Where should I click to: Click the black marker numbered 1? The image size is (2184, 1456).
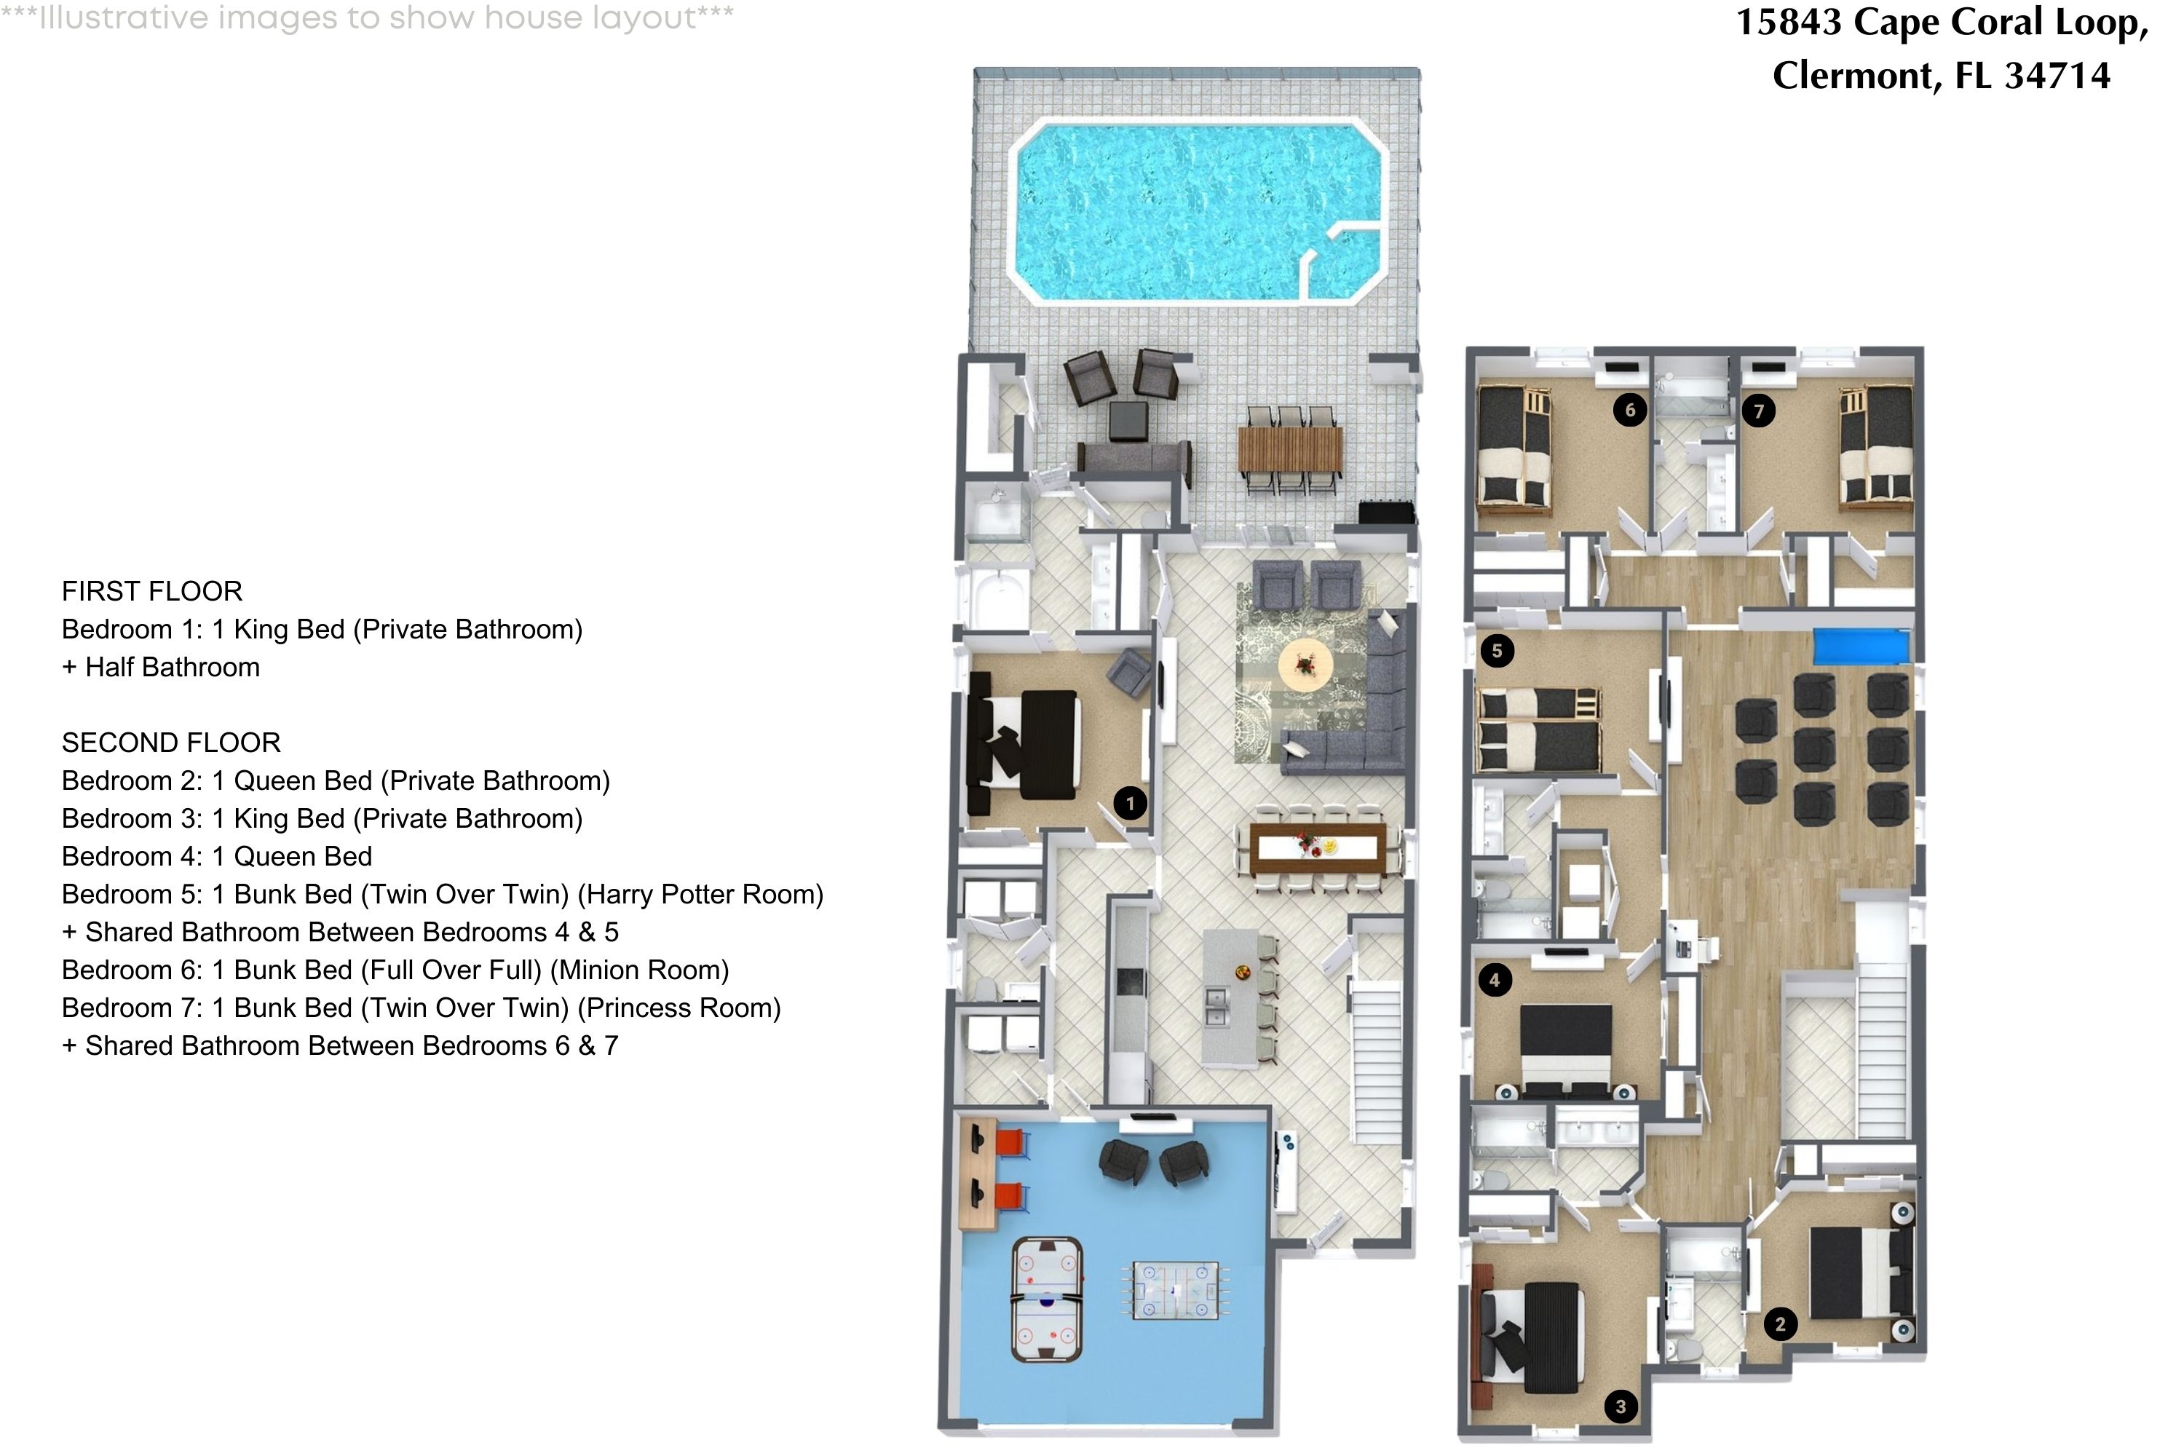[1129, 803]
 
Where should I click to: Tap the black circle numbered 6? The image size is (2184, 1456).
[1630, 409]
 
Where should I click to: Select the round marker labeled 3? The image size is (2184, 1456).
[1621, 1406]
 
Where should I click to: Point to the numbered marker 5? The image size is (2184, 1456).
[1496, 650]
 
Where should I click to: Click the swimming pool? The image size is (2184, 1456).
[1198, 212]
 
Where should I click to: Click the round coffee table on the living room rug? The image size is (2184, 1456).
[1305, 664]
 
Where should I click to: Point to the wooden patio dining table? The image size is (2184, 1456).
[1290, 448]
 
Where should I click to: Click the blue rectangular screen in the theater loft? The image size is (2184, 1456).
[1861, 647]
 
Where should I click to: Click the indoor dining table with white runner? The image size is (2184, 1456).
[1318, 848]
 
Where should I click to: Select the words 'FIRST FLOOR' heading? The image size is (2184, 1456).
[151, 591]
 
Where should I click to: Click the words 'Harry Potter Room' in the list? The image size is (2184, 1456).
[701, 894]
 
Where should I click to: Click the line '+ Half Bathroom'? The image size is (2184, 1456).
[161, 668]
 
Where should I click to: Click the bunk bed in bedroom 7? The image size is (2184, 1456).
[1876, 448]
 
